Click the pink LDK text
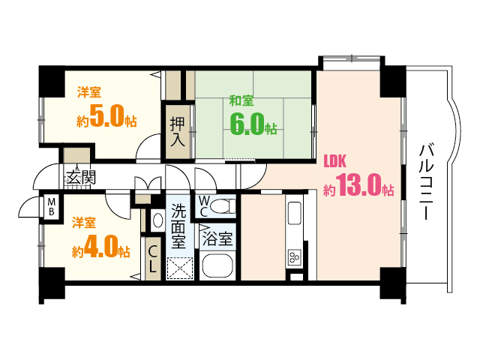(x=334, y=160)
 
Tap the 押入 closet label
(x=177, y=131)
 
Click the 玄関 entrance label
(x=81, y=178)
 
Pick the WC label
(x=204, y=205)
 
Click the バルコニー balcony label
(x=425, y=181)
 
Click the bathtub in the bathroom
(x=219, y=266)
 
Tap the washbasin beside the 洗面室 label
(x=157, y=220)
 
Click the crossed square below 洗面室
(x=180, y=268)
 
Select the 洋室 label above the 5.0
(x=89, y=93)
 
